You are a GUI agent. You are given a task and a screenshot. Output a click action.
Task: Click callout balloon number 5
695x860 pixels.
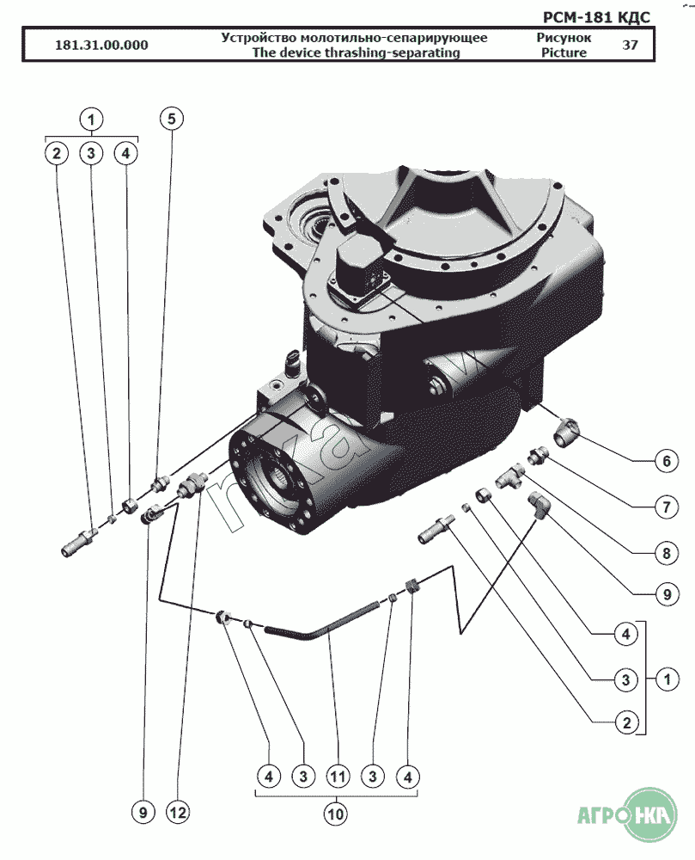[x=171, y=119]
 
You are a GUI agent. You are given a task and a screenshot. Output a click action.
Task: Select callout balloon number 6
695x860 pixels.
[x=665, y=461]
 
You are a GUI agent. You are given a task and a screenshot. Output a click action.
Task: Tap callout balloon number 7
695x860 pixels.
[x=665, y=507]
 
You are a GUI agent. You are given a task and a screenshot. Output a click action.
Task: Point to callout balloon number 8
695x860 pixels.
[x=665, y=553]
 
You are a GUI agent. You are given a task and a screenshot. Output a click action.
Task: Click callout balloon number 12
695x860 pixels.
[x=177, y=810]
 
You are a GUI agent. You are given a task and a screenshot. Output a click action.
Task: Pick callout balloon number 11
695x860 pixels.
[x=338, y=776]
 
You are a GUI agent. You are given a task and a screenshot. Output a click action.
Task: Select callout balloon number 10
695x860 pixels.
[x=338, y=810]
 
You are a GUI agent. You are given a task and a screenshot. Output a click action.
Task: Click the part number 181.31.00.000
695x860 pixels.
[x=101, y=46]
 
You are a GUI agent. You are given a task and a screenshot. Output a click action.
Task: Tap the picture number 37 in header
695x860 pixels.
[x=630, y=46]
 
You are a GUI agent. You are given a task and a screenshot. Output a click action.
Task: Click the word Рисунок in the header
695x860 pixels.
[x=564, y=38]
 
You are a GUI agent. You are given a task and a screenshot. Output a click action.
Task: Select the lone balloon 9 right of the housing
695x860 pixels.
[x=665, y=593]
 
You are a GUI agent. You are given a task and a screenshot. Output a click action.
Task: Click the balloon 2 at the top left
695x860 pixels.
[x=57, y=153]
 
